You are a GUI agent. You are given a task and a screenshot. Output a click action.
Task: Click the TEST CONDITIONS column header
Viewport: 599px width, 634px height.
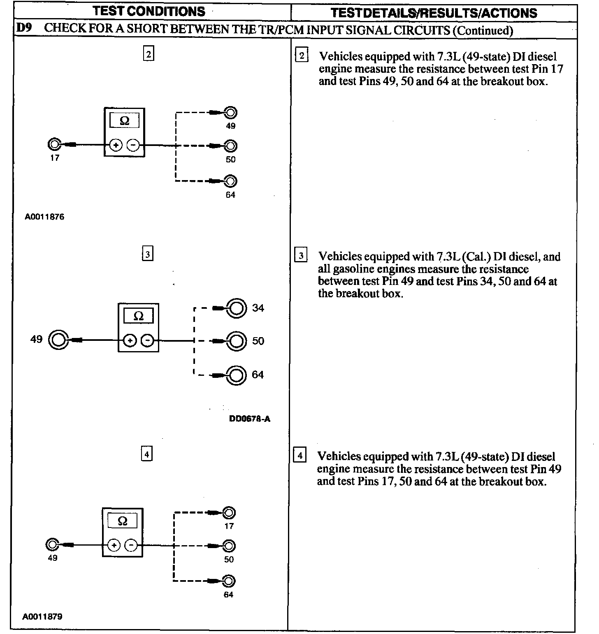(149, 11)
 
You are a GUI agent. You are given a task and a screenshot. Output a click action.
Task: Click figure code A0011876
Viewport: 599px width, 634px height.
(44, 217)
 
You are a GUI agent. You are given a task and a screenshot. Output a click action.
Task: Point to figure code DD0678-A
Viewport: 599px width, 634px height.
(250, 419)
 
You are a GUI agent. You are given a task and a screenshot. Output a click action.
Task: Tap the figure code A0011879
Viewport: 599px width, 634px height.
(43, 617)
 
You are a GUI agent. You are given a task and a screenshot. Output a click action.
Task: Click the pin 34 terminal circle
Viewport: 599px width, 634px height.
(236, 308)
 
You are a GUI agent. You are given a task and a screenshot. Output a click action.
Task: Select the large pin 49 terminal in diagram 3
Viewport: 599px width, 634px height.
(58, 340)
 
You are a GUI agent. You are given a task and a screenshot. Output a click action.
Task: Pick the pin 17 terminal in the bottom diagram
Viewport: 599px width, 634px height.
(229, 513)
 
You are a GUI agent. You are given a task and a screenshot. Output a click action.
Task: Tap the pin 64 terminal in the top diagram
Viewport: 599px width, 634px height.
(231, 181)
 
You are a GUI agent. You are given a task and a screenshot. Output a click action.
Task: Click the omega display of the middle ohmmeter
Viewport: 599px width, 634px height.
(139, 316)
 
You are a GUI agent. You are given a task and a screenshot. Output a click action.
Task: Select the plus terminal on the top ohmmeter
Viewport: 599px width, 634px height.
(116, 145)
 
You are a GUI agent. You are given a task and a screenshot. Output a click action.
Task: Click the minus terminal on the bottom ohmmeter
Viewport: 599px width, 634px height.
(131, 546)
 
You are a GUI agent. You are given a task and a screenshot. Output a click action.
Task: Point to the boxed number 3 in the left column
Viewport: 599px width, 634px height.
(147, 254)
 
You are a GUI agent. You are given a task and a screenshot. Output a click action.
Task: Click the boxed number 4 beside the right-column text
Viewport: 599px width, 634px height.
(299, 456)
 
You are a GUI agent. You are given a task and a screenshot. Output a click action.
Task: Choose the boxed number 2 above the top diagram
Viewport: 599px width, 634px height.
(149, 54)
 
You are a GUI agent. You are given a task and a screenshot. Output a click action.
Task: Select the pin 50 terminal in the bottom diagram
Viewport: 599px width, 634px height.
(229, 546)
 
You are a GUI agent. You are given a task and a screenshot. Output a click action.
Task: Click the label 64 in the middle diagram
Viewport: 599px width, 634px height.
(258, 375)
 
